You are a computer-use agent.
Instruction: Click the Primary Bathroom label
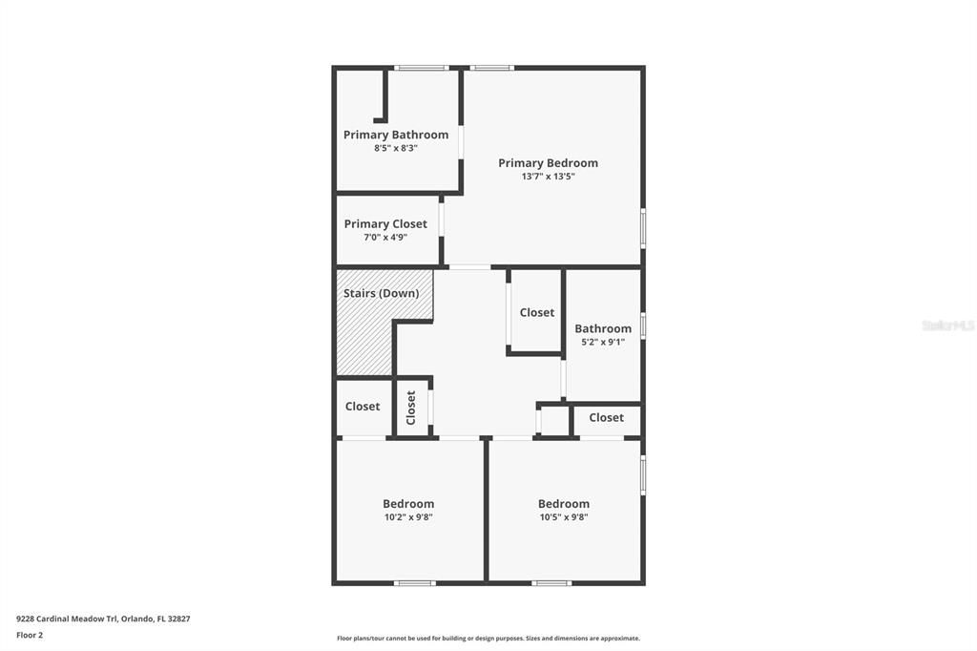point(395,135)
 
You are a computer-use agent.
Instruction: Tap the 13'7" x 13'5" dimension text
point(548,177)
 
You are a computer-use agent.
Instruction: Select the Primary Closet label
point(385,224)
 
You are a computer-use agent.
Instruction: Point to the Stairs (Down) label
point(381,293)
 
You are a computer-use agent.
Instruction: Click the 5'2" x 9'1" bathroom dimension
point(602,342)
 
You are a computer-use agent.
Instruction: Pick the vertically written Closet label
point(411,408)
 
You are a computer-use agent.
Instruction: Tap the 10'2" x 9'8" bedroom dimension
point(408,517)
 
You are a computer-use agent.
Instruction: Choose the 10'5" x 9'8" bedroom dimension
point(563,517)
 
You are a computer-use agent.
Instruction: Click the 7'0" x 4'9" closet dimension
point(385,238)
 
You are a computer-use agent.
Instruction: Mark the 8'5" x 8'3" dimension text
point(395,148)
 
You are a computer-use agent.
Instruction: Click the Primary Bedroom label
point(548,163)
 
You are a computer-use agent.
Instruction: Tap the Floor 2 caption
point(30,635)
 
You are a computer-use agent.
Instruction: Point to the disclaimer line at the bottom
point(488,639)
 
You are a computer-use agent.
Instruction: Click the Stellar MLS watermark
point(947,325)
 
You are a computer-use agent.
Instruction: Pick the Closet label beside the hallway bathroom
point(536,313)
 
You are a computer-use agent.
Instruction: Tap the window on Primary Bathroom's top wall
point(422,68)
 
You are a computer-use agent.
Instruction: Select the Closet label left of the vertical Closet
point(363,407)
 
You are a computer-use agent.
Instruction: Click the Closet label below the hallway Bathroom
point(606,418)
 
